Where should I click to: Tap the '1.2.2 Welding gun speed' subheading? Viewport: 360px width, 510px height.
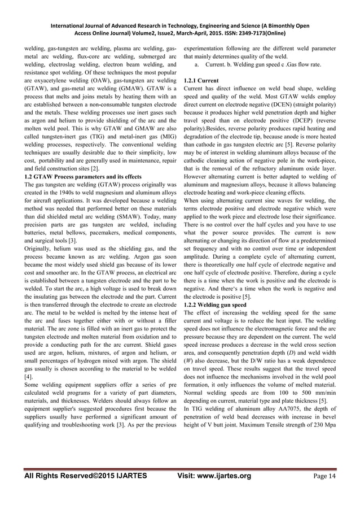point(214,304)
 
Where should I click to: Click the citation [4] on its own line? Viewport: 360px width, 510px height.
point(28,376)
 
